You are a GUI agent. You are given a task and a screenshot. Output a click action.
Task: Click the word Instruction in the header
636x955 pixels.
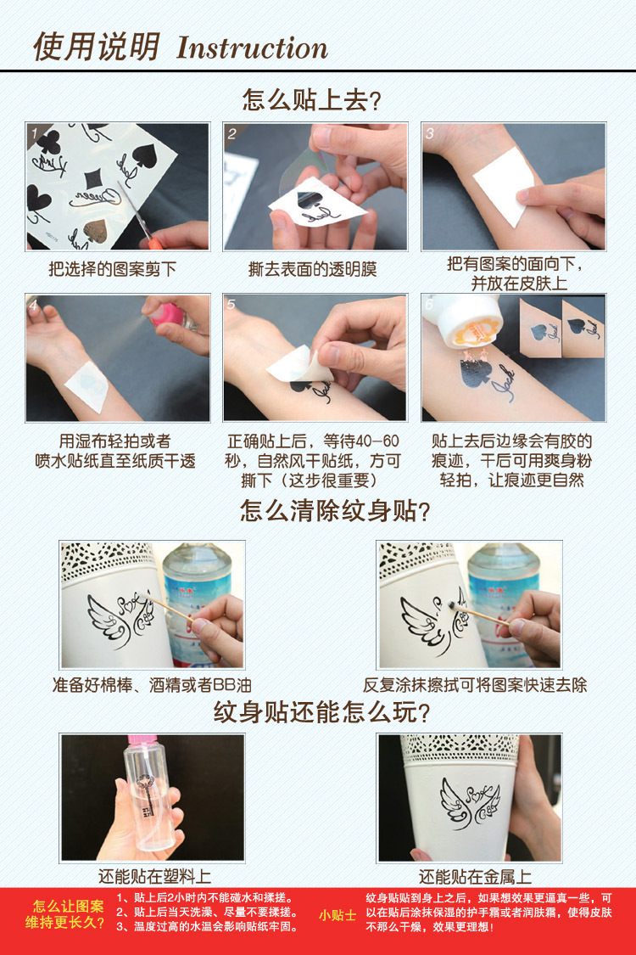[252, 48]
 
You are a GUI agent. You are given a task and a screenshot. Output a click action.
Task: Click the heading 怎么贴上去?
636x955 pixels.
[312, 100]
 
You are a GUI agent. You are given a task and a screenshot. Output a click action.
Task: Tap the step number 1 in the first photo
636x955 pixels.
[34, 133]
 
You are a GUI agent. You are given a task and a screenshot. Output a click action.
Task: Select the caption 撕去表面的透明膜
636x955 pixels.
[312, 269]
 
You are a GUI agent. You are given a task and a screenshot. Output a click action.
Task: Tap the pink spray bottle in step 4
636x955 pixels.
[170, 315]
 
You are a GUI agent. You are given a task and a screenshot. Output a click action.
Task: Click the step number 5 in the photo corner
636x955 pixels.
[232, 305]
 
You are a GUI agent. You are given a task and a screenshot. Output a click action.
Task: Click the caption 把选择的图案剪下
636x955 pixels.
[113, 269]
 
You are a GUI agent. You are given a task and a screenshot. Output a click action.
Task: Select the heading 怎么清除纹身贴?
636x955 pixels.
[335, 512]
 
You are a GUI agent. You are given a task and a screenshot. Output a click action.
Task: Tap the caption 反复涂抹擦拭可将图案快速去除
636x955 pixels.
[475, 684]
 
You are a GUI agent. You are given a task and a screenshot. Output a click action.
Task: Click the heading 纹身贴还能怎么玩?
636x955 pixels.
[321, 713]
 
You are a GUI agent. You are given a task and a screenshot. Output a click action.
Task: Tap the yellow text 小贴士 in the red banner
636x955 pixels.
[338, 915]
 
